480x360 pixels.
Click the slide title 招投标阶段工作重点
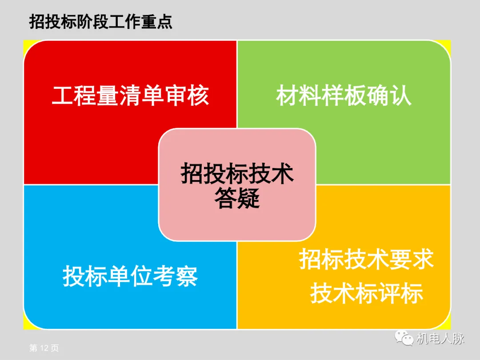click(100, 22)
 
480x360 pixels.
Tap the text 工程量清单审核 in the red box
click(130, 96)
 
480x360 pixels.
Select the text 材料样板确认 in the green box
click(344, 96)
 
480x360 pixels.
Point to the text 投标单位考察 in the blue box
click(130, 276)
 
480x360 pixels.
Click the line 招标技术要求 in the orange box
click(366, 259)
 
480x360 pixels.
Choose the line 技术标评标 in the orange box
click(366, 294)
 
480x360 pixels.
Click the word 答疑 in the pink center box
click(237, 198)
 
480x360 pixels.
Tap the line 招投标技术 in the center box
click(237, 173)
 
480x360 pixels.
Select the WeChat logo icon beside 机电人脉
click(405, 339)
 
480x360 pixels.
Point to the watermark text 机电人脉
click(440, 339)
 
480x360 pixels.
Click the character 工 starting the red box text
click(63, 96)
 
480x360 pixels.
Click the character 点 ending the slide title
click(164, 22)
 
